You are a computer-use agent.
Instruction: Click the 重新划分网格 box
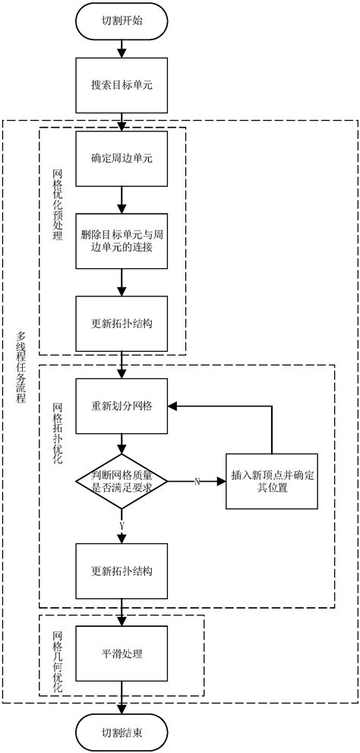click(122, 406)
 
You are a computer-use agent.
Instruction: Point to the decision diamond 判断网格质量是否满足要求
click(122, 481)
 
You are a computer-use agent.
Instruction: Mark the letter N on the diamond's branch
click(197, 482)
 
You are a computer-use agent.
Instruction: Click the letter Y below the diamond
click(122, 524)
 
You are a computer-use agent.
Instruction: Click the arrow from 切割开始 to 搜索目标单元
click(122, 49)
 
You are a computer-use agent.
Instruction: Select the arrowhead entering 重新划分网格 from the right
click(172, 406)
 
